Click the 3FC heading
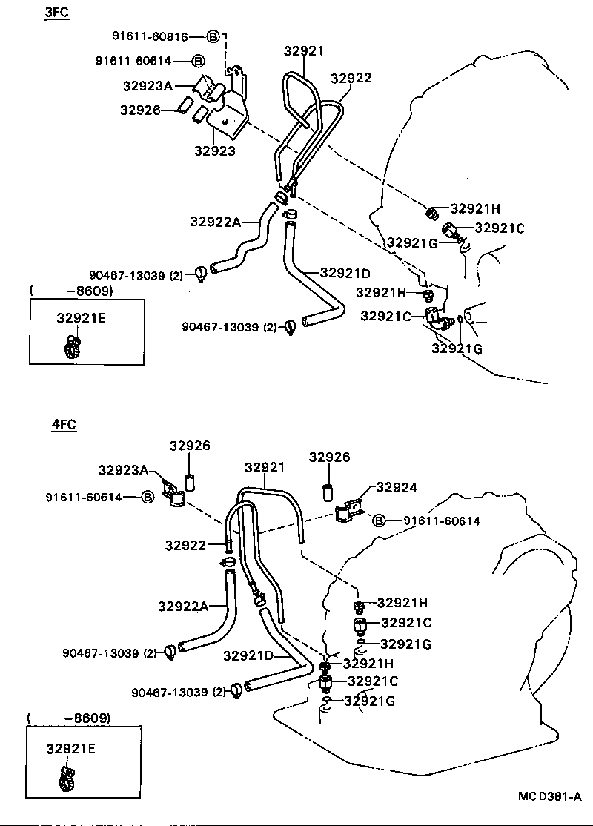(x=56, y=13)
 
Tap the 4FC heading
(x=64, y=425)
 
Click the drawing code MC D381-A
(x=550, y=797)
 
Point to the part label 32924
(x=397, y=487)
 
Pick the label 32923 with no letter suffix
(x=215, y=151)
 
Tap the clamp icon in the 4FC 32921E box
(x=66, y=777)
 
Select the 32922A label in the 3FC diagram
(x=215, y=221)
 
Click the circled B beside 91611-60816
(x=213, y=36)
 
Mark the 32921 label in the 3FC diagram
(x=304, y=50)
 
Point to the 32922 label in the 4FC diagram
(x=185, y=546)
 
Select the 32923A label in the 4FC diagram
(x=124, y=469)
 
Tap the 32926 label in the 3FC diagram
(x=141, y=110)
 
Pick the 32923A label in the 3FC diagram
(x=148, y=85)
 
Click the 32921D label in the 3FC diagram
(x=345, y=272)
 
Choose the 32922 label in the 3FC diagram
(x=351, y=78)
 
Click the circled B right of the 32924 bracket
(x=379, y=521)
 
